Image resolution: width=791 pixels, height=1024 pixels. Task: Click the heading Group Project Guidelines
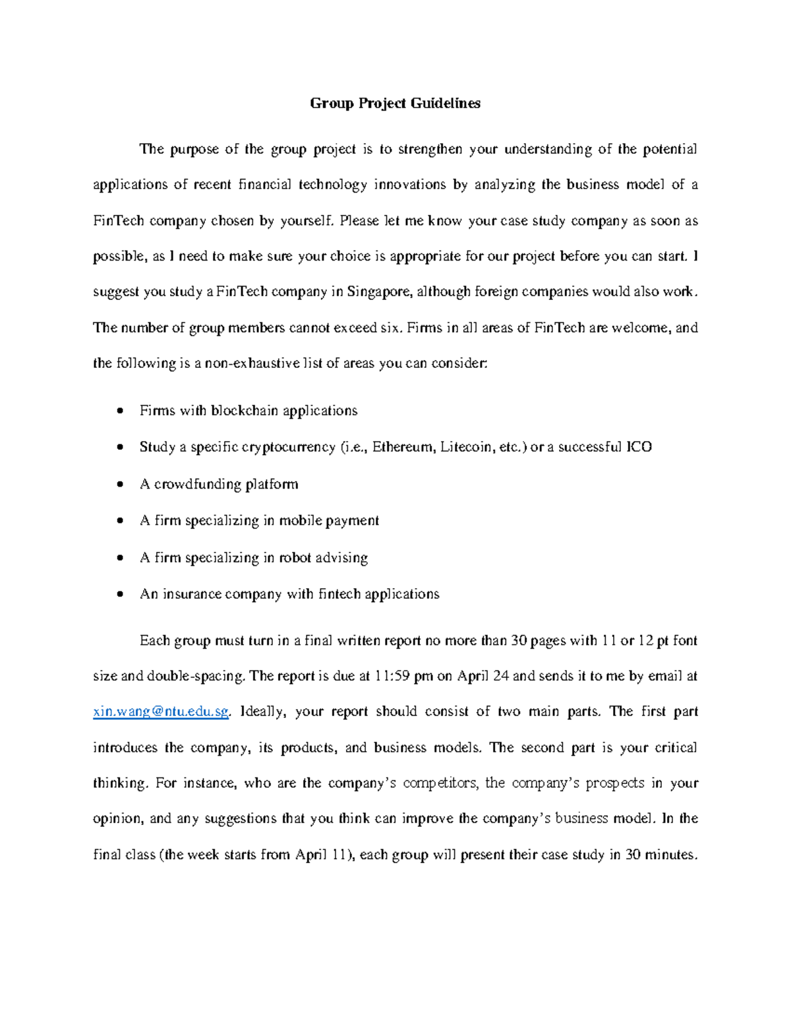[395, 104]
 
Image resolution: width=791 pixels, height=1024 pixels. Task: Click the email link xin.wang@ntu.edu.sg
[161, 711]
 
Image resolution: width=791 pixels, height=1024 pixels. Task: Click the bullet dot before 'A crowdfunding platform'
[119, 485]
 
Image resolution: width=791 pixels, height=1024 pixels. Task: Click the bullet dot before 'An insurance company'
[119, 594]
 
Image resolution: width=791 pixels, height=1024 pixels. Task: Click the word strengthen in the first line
[430, 149]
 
